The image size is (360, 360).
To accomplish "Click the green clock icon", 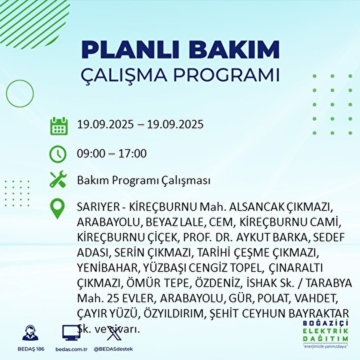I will (x=58, y=154).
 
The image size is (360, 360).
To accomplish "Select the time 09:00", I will (x=91, y=154).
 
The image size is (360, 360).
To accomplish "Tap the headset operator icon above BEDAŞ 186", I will (x=30, y=333).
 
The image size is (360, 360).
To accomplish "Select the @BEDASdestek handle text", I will (x=113, y=349).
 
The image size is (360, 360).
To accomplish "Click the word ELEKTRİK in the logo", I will (x=325, y=331).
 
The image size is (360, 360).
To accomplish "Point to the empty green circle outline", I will (x=20, y=94).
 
